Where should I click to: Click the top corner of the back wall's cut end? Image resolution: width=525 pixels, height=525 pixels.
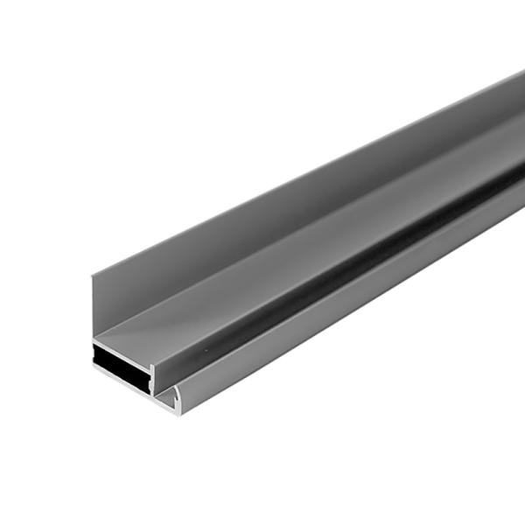pos(92,276)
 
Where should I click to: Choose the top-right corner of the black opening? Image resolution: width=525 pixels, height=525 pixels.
pos(146,349)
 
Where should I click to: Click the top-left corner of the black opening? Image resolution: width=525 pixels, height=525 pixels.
pos(94,346)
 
